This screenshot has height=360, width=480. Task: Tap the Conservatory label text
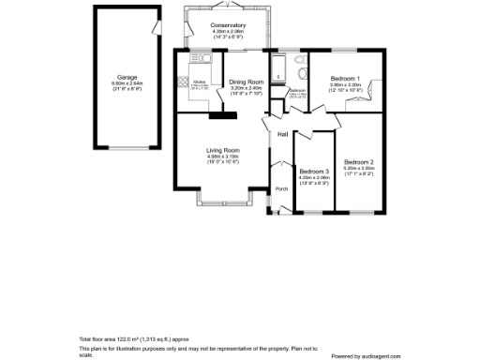click(x=228, y=25)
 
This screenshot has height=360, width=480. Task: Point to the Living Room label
click(x=223, y=150)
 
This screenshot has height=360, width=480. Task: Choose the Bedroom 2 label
click(x=358, y=162)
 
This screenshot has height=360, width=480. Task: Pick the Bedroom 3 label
click(x=314, y=172)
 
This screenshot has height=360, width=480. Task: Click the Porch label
click(x=280, y=188)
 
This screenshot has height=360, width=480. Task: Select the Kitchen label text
click(x=200, y=82)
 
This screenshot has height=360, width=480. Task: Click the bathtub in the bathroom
click(x=277, y=68)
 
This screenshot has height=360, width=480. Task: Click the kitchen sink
click(x=200, y=58)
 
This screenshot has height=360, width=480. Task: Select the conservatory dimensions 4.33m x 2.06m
click(x=228, y=32)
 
